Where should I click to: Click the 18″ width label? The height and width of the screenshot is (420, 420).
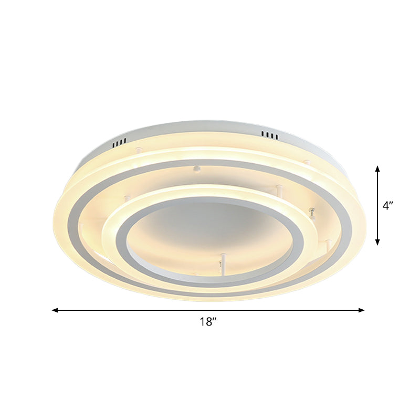tap(208, 322)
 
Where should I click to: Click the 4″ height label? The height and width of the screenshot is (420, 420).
tap(388, 206)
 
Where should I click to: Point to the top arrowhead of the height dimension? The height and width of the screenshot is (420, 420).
tap(377, 169)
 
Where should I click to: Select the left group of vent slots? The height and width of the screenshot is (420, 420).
tap(120, 142)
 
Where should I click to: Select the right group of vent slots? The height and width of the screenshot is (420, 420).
tap(270, 135)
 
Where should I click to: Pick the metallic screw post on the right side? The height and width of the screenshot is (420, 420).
tap(312, 212)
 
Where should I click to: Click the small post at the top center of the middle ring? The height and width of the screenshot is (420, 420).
tap(197, 169)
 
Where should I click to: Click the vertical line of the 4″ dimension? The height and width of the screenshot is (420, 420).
tap(377, 205)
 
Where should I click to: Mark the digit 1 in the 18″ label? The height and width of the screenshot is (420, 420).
tap(202, 322)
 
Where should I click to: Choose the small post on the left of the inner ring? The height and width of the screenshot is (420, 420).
tap(127, 199)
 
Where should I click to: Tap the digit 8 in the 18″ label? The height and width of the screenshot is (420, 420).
tap(208, 322)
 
